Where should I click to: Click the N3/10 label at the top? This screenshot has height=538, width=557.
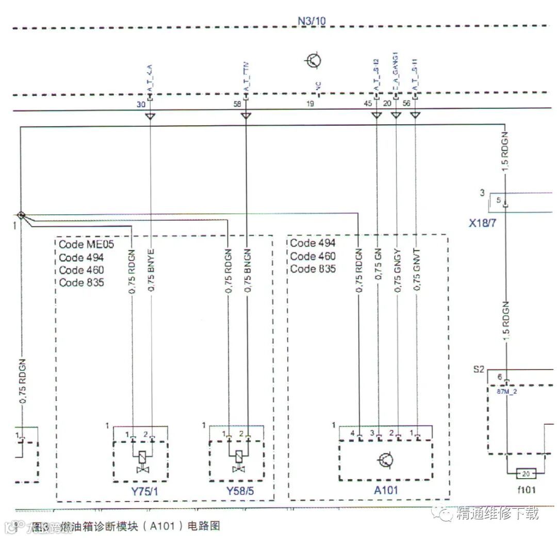[x=312, y=21]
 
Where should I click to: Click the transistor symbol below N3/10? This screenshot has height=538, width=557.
[x=314, y=61]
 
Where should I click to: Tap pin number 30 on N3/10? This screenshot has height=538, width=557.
[x=141, y=104]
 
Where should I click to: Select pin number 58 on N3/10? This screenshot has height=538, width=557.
[x=237, y=104]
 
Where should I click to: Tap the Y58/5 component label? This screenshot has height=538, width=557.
[x=240, y=491]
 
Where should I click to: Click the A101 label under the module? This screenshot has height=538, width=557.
[x=386, y=490]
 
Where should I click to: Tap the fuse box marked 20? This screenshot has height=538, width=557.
[x=526, y=473]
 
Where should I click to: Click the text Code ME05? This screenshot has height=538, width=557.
[x=86, y=244]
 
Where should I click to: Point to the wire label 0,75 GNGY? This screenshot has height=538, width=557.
[x=397, y=272]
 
